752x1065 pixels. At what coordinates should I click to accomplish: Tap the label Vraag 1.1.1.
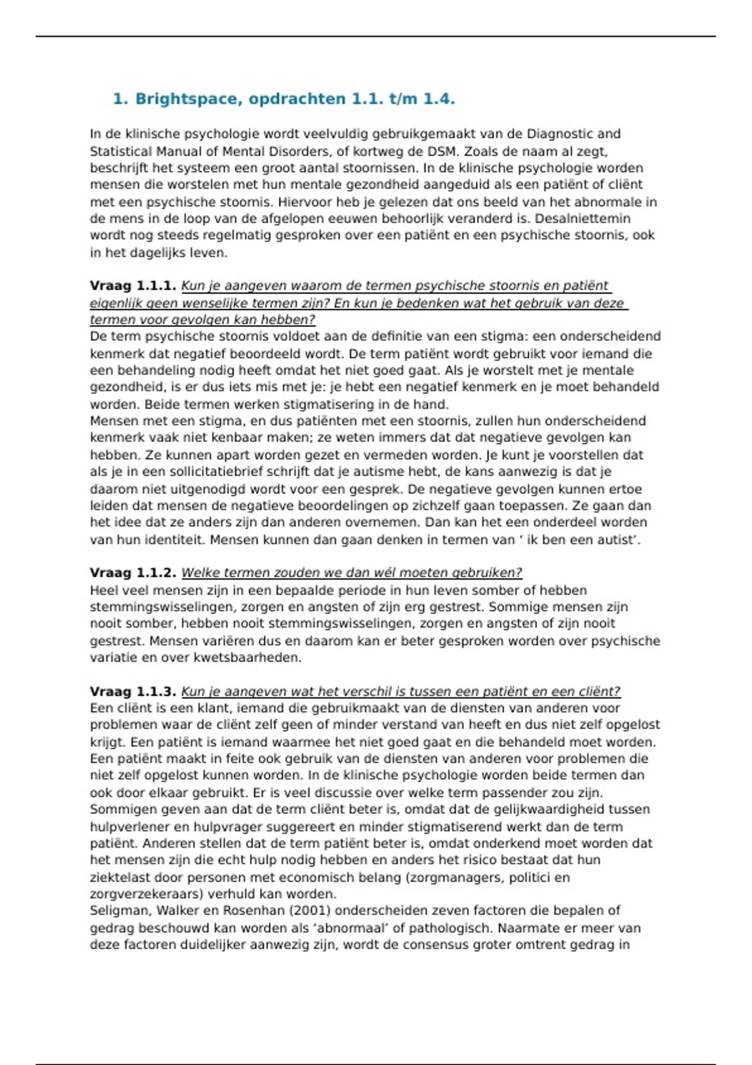click(133, 286)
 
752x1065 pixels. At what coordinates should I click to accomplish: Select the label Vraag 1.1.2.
click(133, 573)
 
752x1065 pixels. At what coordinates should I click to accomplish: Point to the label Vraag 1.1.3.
click(133, 692)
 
